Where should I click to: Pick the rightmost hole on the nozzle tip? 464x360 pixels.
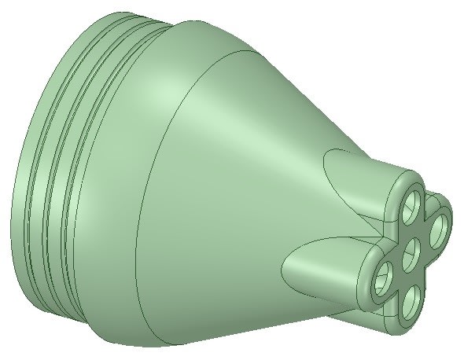439,228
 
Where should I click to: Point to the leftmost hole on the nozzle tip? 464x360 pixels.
384,276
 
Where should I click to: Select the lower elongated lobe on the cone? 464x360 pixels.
322,263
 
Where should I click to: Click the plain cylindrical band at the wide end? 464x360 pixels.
24,197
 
